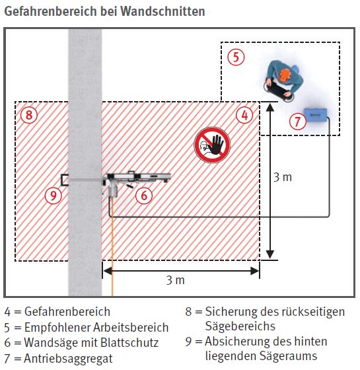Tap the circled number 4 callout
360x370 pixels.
[x=245, y=115]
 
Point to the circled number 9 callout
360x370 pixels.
[x=53, y=195]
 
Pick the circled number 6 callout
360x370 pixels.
[x=145, y=195]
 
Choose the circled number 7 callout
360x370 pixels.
[x=297, y=121]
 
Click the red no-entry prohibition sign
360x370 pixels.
[x=211, y=145]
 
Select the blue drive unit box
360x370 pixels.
[x=315, y=116]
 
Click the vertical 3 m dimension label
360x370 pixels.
[x=283, y=177]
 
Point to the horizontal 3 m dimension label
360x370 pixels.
[x=175, y=280]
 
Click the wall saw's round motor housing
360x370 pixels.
[x=113, y=190]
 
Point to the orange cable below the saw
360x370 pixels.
[x=112, y=251]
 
